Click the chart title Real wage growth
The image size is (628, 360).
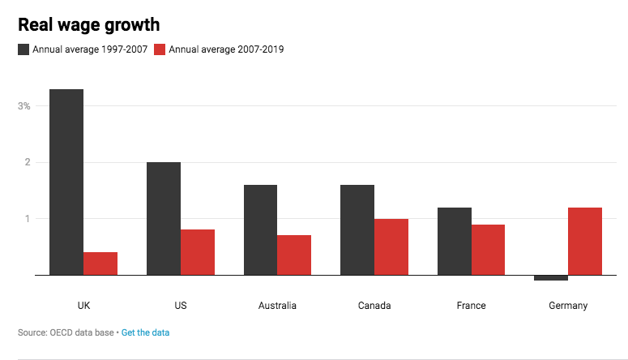click(x=88, y=25)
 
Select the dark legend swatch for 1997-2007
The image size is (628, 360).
click(x=23, y=49)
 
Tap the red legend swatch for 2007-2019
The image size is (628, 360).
click(x=160, y=49)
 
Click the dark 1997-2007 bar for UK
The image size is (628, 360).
click(x=66, y=182)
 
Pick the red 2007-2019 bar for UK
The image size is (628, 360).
click(x=100, y=264)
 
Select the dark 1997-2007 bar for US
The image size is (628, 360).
click(x=164, y=218)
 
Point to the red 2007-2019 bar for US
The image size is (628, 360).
click(x=198, y=252)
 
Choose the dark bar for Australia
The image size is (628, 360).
click(x=260, y=229)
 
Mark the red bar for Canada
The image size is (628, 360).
click(x=391, y=246)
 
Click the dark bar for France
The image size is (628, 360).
click(x=455, y=241)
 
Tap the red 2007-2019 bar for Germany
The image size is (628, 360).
click(x=585, y=241)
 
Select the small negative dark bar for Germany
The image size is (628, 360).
click(x=551, y=278)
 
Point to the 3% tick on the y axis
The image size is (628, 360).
click(x=24, y=106)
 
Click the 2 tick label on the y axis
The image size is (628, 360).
click(x=27, y=162)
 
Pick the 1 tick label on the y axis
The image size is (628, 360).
click(x=27, y=219)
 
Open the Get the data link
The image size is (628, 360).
click(x=145, y=332)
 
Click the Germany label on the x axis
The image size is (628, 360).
click(x=568, y=306)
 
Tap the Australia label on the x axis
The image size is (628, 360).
click(x=277, y=306)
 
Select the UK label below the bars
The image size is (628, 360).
click(x=83, y=306)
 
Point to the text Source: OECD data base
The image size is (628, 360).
click(x=66, y=332)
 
